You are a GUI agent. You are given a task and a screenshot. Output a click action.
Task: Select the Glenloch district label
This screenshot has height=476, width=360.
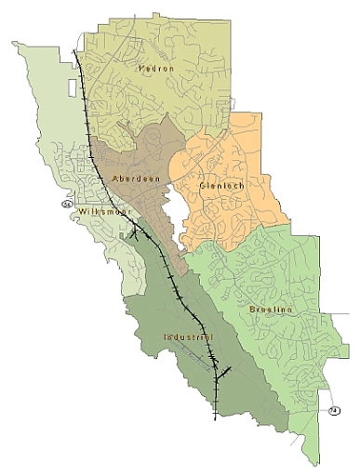pyautogui.click(x=220, y=185)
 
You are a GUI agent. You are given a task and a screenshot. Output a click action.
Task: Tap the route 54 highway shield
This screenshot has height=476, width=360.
pyautogui.click(x=66, y=203)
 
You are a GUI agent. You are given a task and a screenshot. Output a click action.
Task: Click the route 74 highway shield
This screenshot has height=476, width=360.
pyautogui.click(x=333, y=411)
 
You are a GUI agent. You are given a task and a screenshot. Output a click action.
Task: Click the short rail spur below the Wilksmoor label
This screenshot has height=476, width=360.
pyautogui.click(x=137, y=233)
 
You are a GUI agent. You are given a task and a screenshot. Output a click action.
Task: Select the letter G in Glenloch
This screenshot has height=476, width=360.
pyautogui.click(x=203, y=185)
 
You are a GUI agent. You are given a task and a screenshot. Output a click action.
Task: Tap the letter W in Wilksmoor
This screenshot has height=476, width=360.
pyautogui.click(x=84, y=212)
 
